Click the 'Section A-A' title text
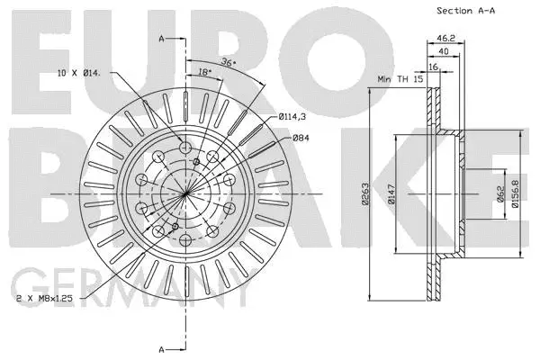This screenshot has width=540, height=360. [x=467, y=11]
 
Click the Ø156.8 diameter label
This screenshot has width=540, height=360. [x=516, y=195]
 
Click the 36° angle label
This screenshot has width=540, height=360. [x=229, y=61]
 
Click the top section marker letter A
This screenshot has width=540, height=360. [x=161, y=40]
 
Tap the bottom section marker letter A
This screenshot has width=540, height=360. [x=161, y=348]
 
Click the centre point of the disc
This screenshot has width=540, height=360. [x=184, y=194]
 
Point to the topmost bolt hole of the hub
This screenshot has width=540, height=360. [x=184, y=148]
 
